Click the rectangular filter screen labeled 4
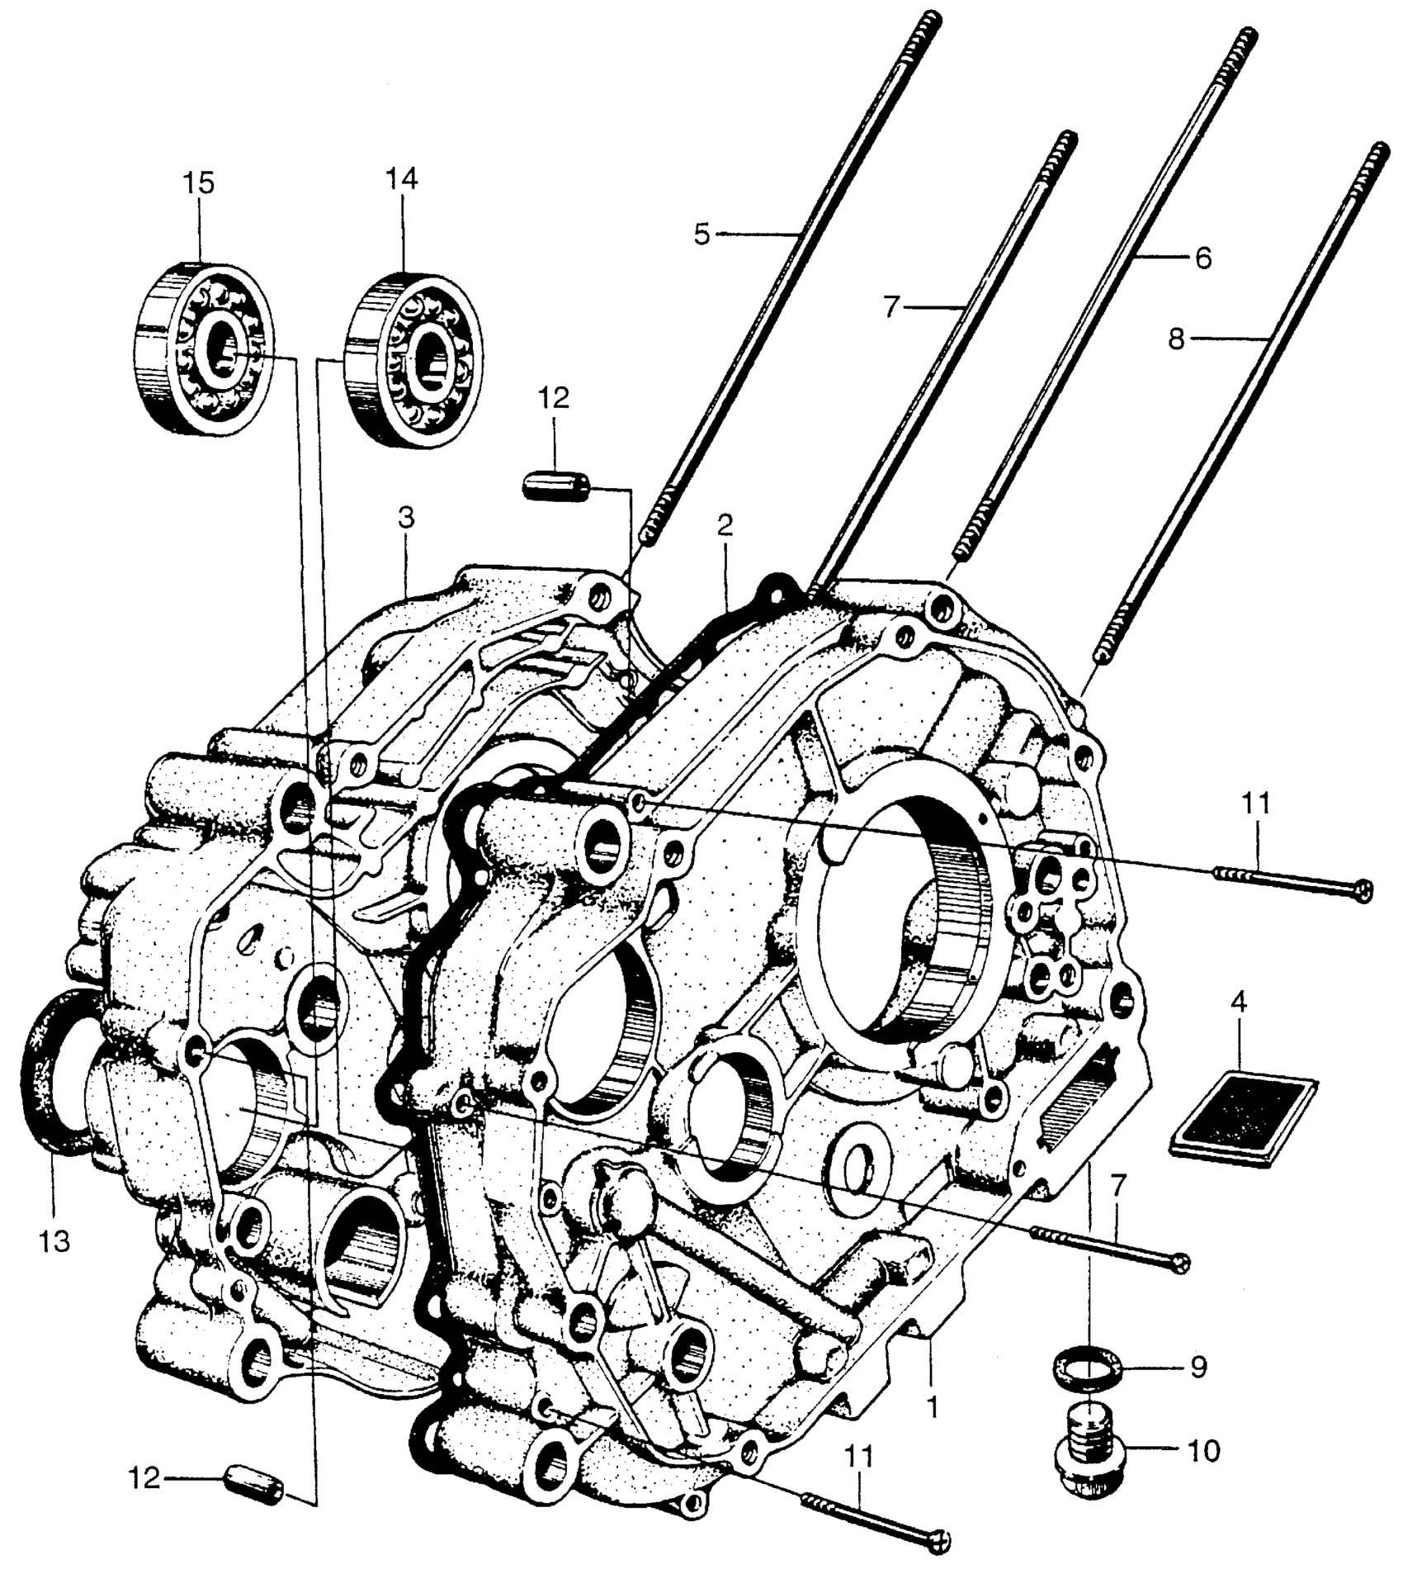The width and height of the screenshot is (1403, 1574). point(1245,1118)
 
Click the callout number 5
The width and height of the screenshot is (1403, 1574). point(701,235)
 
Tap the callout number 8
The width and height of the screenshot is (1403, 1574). point(1176,339)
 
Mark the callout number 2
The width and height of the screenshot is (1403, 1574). point(724,527)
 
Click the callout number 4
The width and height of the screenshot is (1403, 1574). point(1239,1002)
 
